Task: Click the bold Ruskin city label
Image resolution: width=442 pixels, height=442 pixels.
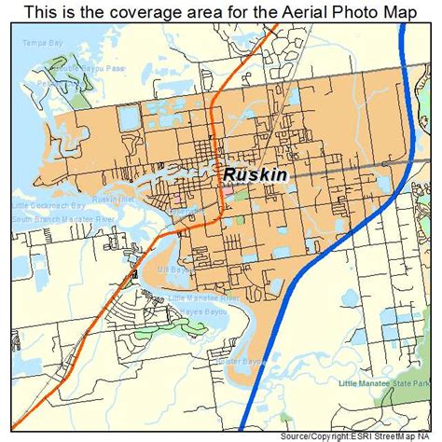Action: pyautogui.click(x=256, y=174)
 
